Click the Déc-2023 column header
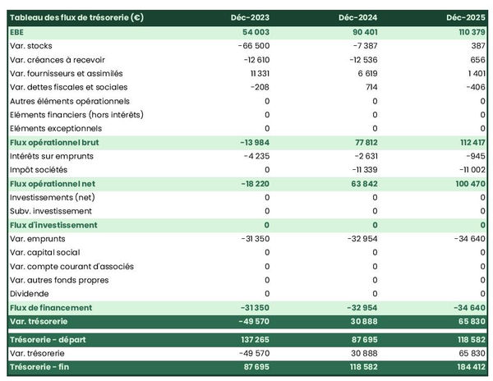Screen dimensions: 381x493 coord(251,17)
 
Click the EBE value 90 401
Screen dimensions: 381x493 coord(362,31)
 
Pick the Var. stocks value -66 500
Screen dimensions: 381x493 coord(251,45)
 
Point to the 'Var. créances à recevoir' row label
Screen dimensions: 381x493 coord(58,59)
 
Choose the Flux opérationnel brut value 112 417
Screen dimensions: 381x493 coord(468,142)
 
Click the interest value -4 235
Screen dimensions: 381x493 coord(255,155)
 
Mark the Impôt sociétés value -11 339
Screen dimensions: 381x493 coord(362,169)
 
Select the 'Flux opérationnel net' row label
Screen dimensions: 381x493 coord(53,183)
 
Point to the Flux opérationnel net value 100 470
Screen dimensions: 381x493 coord(468,183)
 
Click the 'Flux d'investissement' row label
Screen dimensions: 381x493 coord(53,225)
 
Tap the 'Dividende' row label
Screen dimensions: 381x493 coord(30,293)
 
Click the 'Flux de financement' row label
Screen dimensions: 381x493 coord(52,307)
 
